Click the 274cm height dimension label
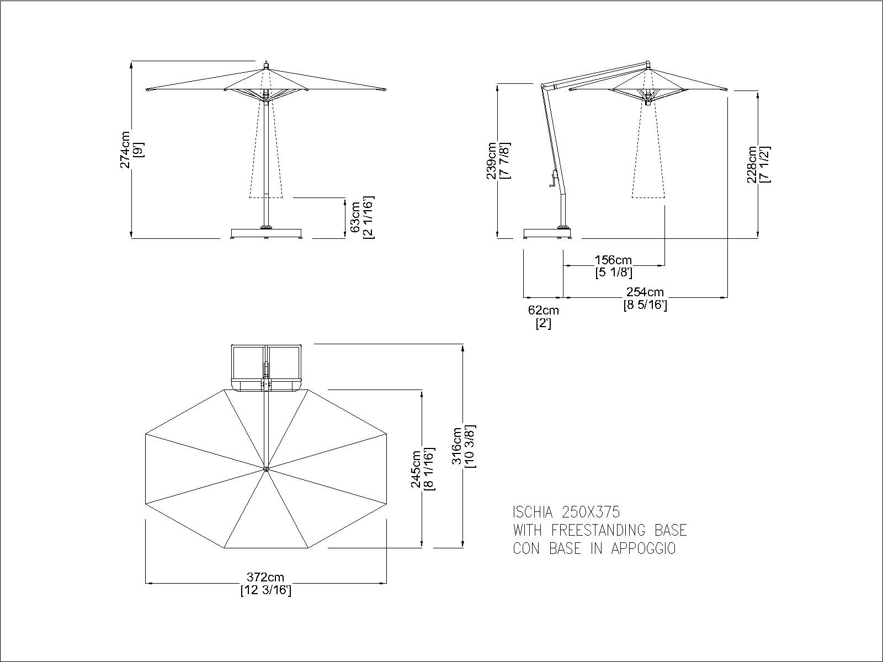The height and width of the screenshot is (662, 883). (125, 150)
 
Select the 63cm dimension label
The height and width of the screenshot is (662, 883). (355, 217)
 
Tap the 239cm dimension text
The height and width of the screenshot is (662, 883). (492, 161)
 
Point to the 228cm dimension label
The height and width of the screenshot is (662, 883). (752, 164)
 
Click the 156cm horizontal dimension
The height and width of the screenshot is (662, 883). (614, 260)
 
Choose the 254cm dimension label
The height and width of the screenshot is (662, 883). (645, 292)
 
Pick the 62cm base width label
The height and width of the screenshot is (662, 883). (544, 310)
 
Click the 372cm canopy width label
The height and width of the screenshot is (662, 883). (265, 578)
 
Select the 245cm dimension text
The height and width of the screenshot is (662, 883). (416, 469)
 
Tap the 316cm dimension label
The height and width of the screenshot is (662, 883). (457, 446)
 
